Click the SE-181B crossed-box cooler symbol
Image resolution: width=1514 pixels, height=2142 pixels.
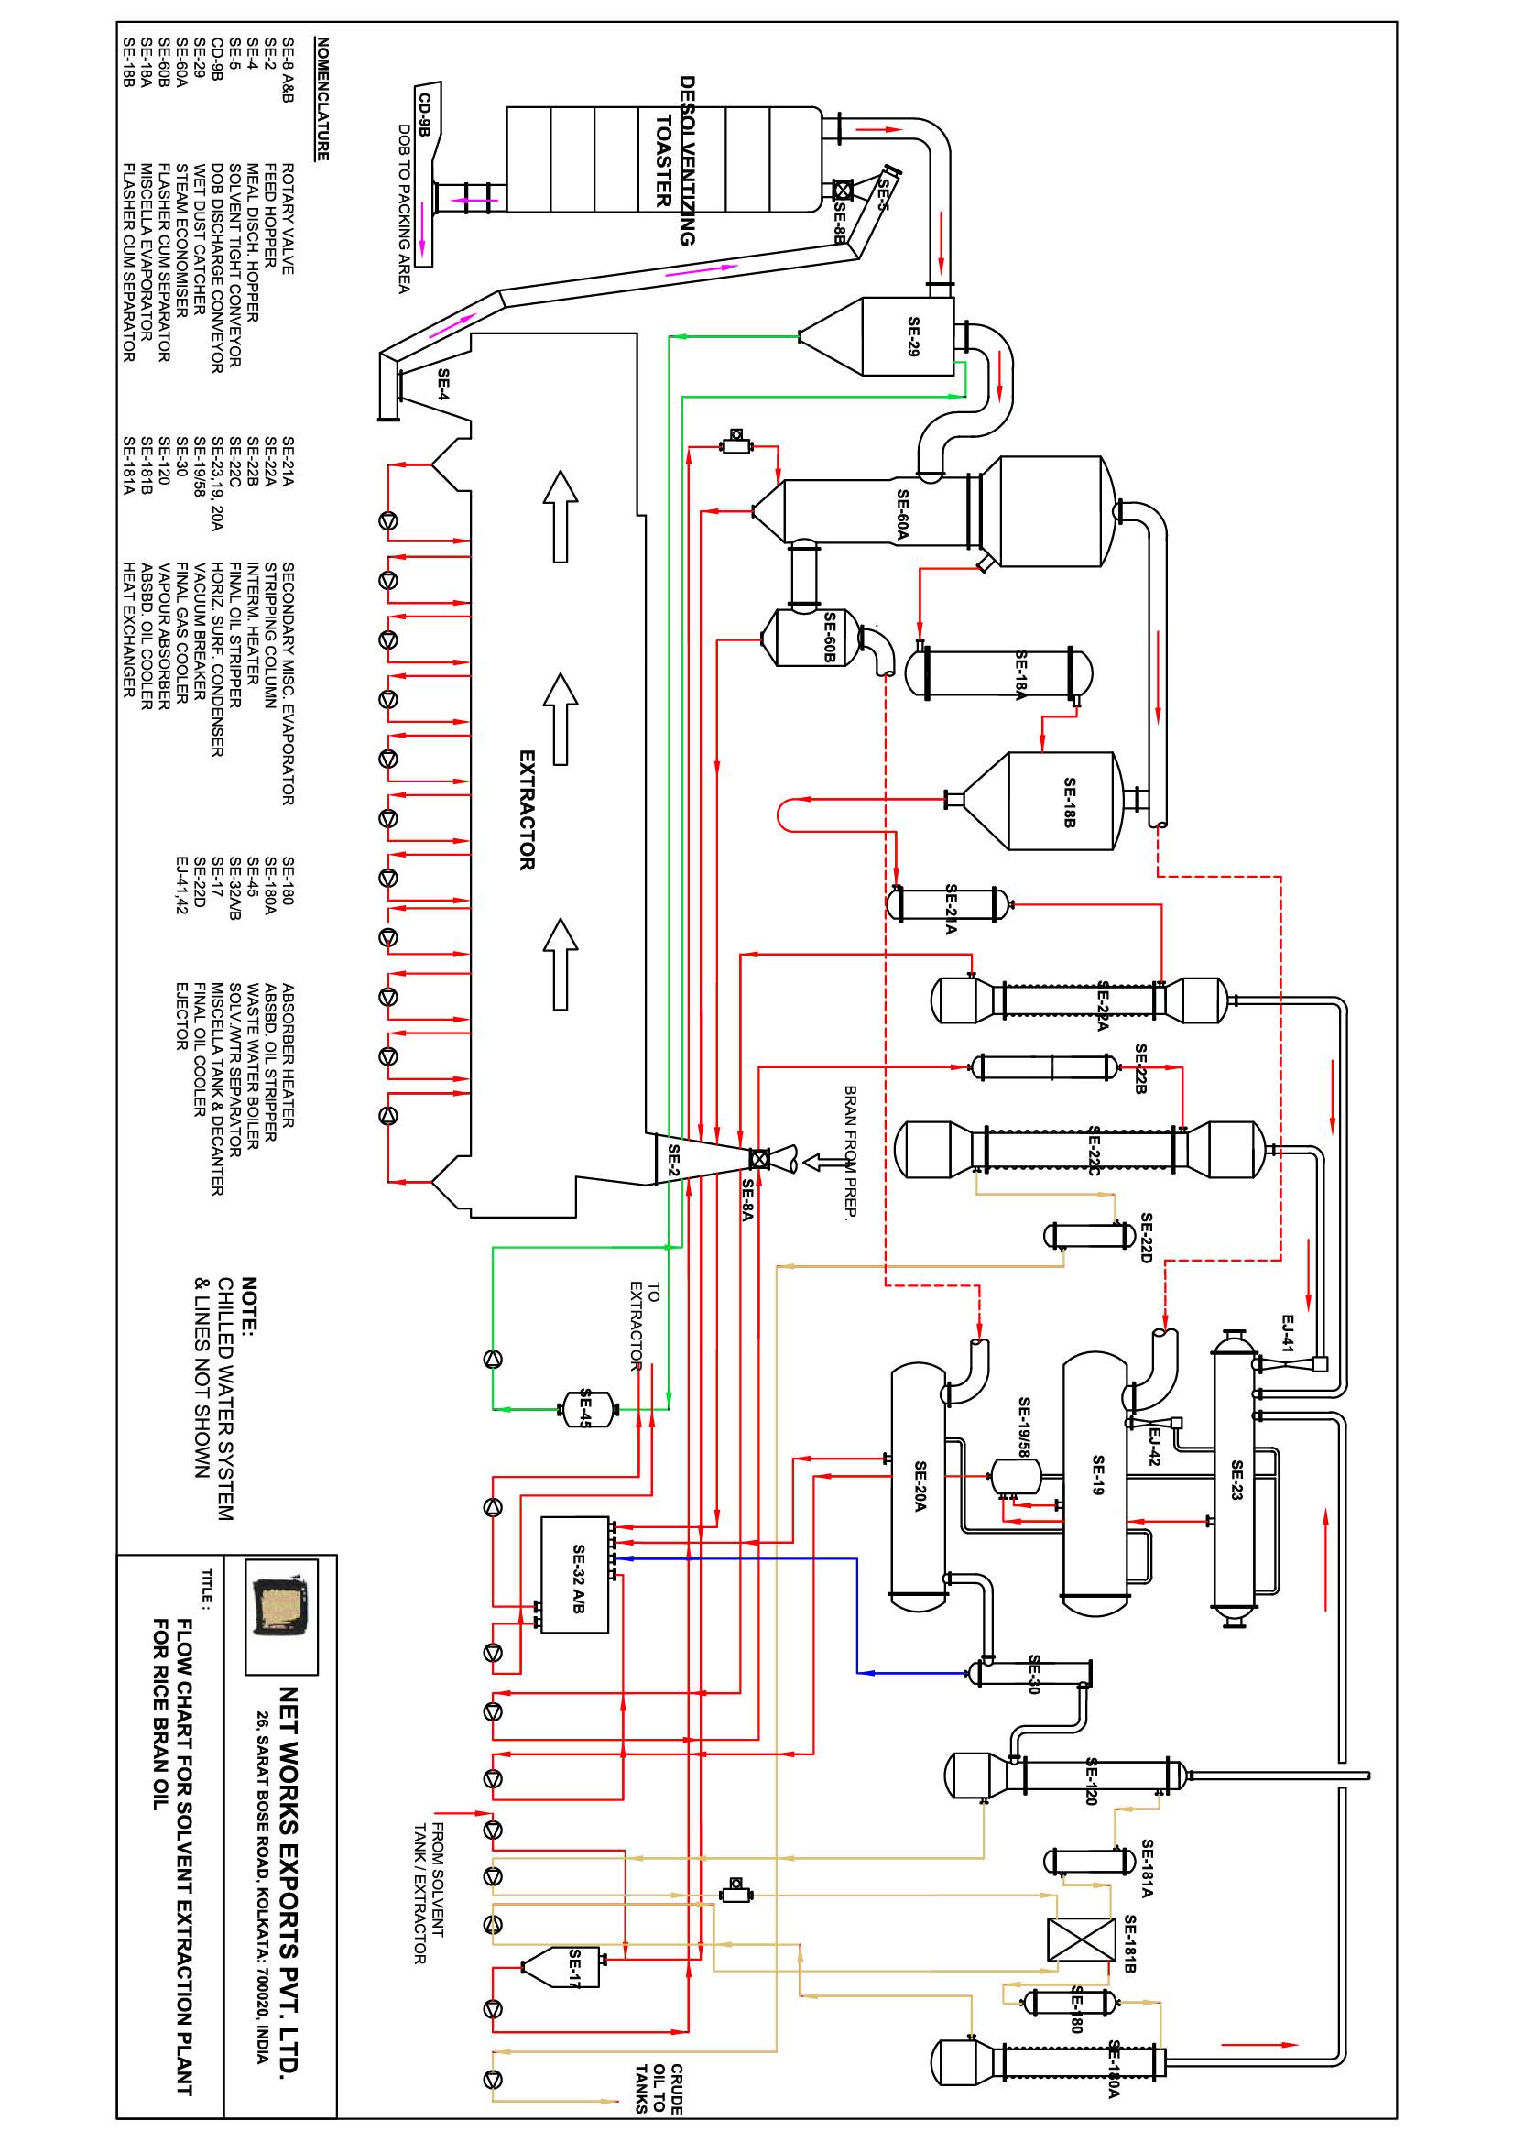(1081, 1940)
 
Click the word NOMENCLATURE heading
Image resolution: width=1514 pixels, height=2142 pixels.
(321, 99)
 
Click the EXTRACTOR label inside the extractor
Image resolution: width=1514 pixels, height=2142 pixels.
(527, 810)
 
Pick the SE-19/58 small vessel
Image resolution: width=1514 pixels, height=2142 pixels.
(1015, 1476)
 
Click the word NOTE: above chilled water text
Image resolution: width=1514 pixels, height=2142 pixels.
(250, 1307)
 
